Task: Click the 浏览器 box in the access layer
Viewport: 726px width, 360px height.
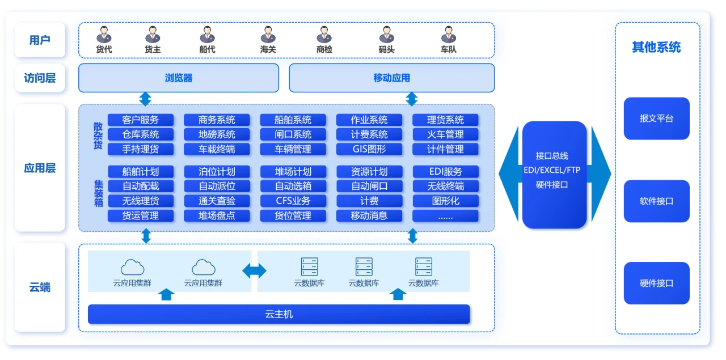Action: [179, 78]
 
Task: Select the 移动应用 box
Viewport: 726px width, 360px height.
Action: [391, 78]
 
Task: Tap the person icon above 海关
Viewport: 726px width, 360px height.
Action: [268, 35]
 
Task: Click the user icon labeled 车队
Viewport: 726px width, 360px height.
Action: [448, 35]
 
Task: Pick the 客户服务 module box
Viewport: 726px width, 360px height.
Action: [140, 120]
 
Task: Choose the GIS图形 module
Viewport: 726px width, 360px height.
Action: [369, 149]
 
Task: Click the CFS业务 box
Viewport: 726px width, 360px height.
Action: [293, 201]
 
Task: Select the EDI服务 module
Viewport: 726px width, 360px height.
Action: [445, 171]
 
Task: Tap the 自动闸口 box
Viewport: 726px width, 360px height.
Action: [369, 186]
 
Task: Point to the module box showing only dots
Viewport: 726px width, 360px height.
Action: [445, 215]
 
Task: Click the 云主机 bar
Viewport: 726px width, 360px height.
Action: [279, 314]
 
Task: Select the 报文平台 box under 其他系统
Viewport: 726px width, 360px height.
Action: [656, 118]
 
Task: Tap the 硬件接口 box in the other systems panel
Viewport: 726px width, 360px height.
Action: [656, 283]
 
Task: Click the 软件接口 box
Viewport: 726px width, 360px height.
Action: [656, 201]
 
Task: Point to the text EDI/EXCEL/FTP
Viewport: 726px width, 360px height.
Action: [554, 170]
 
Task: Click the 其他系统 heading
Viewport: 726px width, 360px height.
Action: [656, 48]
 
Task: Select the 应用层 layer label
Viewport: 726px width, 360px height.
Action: [40, 168]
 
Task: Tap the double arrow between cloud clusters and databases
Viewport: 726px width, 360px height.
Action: [255, 271]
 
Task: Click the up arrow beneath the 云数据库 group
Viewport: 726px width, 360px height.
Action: [399, 294]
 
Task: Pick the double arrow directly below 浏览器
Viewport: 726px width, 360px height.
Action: [146, 99]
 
